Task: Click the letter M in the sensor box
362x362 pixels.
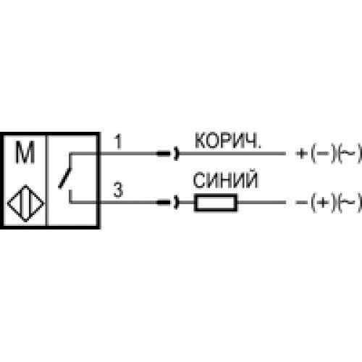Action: [x=25, y=152]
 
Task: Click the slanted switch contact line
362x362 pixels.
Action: [x=65, y=178]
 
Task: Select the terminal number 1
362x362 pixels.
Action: [x=118, y=142]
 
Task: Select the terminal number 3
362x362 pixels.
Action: [x=118, y=190]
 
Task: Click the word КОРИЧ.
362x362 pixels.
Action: [x=228, y=140]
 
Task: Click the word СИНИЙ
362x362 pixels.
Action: [x=225, y=180]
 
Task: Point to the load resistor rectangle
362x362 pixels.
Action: [x=216, y=203]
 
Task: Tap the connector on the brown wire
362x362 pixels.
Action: [x=168, y=153]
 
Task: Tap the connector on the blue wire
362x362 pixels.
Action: [x=168, y=203]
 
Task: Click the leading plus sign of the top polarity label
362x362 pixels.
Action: [x=301, y=153]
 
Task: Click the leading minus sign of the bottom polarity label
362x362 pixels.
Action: [x=301, y=203]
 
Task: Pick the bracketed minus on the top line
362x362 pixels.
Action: [x=324, y=153]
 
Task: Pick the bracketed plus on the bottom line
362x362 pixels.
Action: [x=324, y=203]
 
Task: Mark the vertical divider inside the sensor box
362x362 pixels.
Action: [x=47, y=180]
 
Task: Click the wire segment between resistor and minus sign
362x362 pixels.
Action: [x=261, y=203]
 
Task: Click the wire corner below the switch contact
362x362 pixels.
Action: [x=70, y=202]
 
